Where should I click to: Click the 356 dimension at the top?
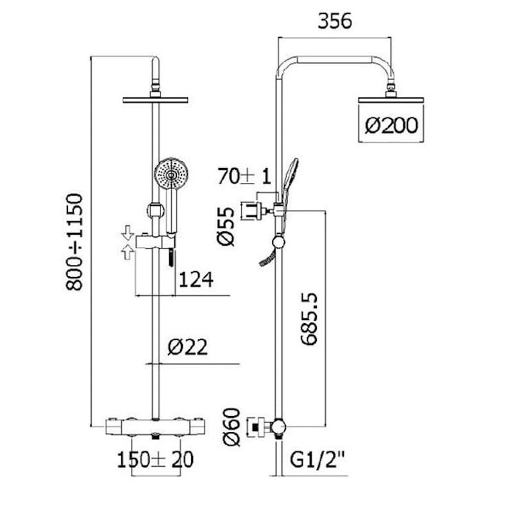point(335,21)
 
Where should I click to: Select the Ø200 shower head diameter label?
point(391,125)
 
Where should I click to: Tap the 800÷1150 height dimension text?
point(74,242)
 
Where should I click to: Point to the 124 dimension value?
point(196,280)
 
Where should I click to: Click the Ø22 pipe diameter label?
point(187,347)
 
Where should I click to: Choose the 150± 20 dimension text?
point(155,459)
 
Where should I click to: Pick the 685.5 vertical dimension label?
point(309,319)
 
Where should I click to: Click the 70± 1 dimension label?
point(244,176)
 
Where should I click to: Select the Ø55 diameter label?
point(226,226)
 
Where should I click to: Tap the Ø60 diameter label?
point(231,427)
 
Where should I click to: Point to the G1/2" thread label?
point(317,459)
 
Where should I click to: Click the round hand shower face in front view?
point(171,174)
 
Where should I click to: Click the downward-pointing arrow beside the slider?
point(128,233)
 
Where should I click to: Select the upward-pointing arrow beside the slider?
point(128,252)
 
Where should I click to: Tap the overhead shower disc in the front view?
point(155,100)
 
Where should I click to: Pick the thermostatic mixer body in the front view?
point(155,427)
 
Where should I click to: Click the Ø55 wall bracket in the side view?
point(253,211)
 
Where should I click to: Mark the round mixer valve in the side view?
point(278,426)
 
